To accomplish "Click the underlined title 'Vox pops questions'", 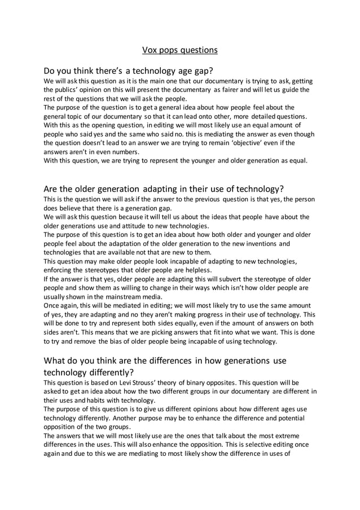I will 179,50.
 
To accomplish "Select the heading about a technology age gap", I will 128,71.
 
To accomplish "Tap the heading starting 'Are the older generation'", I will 163,188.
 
